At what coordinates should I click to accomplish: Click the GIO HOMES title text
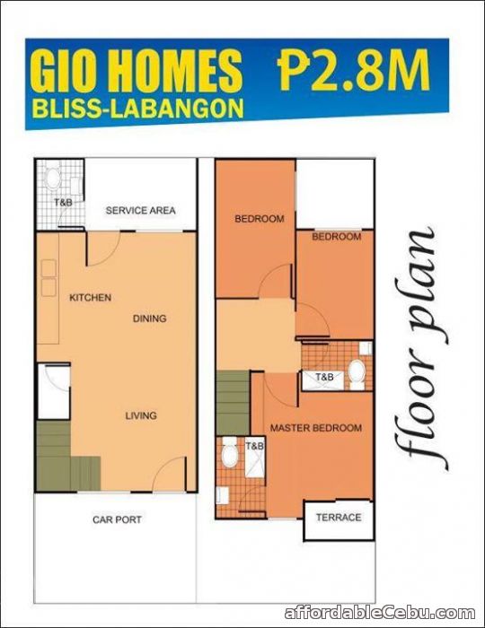point(137,70)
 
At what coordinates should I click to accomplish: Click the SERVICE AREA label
point(140,211)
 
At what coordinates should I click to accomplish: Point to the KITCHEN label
point(90,298)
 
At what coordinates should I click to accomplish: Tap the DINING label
point(150,318)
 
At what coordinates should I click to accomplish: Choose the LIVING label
point(141,415)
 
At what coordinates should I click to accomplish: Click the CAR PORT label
point(117,519)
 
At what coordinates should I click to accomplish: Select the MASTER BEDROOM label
point(316,428)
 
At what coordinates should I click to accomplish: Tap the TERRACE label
point(339,518)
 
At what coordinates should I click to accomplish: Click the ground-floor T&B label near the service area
point(63,203)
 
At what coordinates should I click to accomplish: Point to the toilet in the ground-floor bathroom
point(53,177)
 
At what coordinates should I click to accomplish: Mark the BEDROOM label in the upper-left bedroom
point(260,219)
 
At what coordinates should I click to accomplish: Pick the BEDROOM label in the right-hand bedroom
point(336,237)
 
